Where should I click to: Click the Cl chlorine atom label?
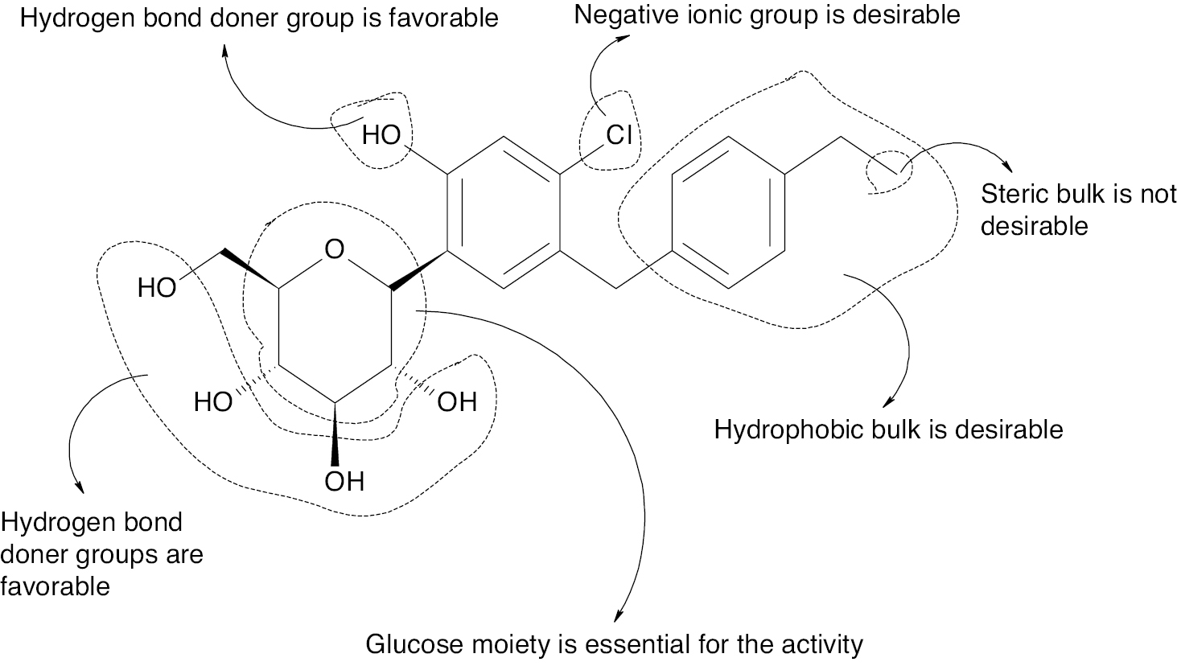(x=619, y=134)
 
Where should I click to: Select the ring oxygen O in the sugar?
(x=334, y=250)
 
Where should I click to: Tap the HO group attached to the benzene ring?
(x=381, y=134)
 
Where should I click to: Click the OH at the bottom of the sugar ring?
(x=344, y=481)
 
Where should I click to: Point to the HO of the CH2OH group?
(x=156, y=287)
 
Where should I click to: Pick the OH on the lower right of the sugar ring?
(x=456, y=401)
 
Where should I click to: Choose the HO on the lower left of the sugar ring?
(x=213, y=401)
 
